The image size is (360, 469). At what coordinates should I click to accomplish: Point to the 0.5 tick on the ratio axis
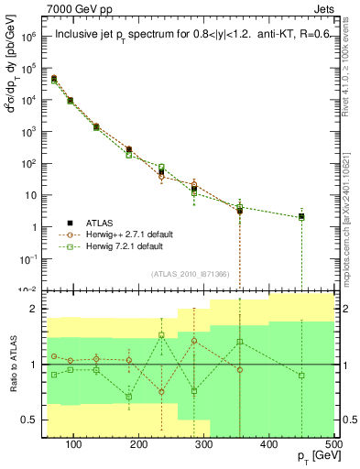(x=33, y=420)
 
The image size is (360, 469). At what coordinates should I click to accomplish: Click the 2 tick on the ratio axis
(x=37, y=309)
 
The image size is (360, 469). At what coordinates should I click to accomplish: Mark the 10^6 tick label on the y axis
(x=27, y=37)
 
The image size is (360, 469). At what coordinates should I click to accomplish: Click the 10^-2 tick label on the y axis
(x=27, y=289)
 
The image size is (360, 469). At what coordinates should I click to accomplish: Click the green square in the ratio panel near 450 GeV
(x=301, y=376)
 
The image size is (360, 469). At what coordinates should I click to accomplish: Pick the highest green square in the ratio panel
(x=161, y=335)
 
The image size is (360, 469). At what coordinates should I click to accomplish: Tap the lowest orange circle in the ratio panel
(x=161, y=392)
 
